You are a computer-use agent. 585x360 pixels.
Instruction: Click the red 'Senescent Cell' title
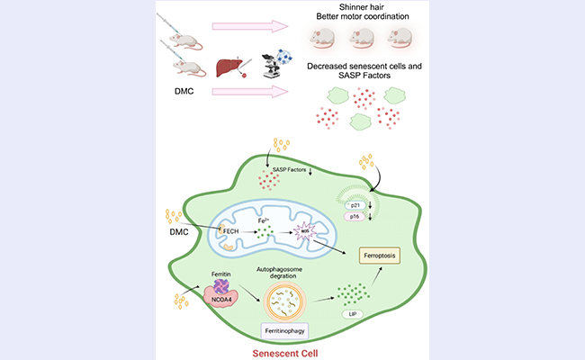pyautogui.click(x=288, y=352)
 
